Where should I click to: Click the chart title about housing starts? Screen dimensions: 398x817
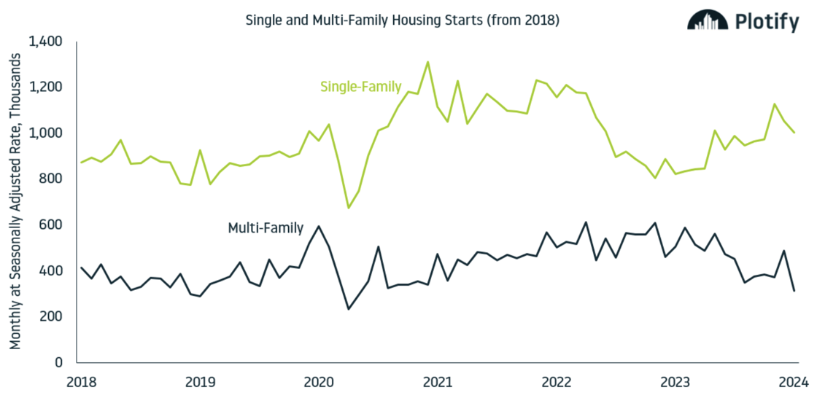pyautogui.click(x=403, y=20)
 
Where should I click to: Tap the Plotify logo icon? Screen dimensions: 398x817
pyautogui.click(x=707, y=21)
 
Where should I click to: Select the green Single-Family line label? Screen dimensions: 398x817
pyautogui.click(x=360, y=87)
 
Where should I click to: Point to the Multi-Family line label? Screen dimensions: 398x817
pyautogui.click(x=266, y=228)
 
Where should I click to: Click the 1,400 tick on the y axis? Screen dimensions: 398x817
pyautogui.click(x=47, y=42)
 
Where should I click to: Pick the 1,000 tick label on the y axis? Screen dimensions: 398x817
pyautogui.click(x=47, y=133)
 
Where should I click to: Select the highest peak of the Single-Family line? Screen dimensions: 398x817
pyautogui.click(x=427, y=62)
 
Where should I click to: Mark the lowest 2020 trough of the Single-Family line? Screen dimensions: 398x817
pyautogui.click(x=349, y=208)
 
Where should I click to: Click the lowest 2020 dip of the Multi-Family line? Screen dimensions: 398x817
pyautogui.click(x=349, y=309)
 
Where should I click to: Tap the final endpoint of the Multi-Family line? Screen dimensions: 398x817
pyautogui.click(x=794, y=292)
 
